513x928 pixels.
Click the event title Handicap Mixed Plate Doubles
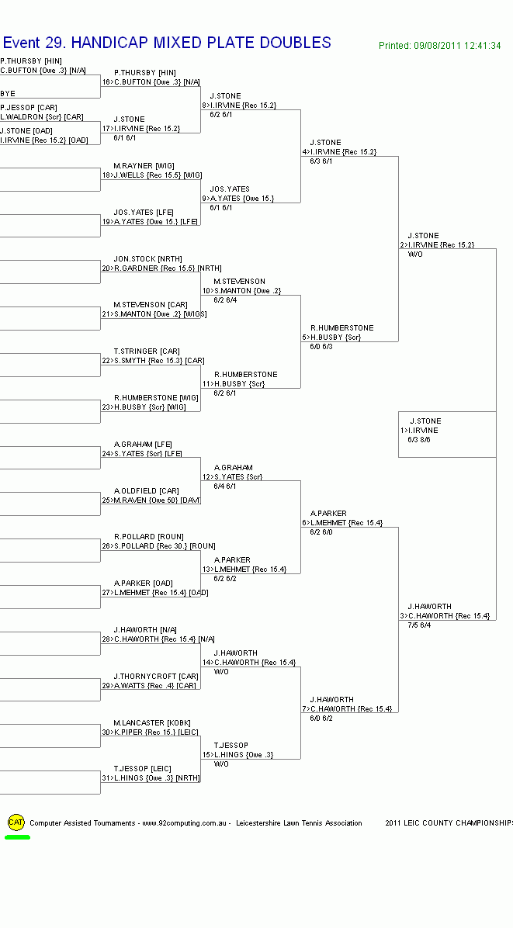click(167, 43)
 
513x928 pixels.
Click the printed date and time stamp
click(439, 46)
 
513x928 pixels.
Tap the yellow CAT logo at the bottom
click(16, 822)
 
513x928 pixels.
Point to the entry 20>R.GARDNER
click(151, 268)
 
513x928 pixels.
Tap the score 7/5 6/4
click(420, 625)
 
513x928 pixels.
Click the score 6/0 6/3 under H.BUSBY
click(321, 347)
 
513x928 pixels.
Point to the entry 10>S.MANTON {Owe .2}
click(241, 291)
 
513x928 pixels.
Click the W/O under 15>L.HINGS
click(221, 764)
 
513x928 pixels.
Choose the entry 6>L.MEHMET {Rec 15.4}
click(341, 523)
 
